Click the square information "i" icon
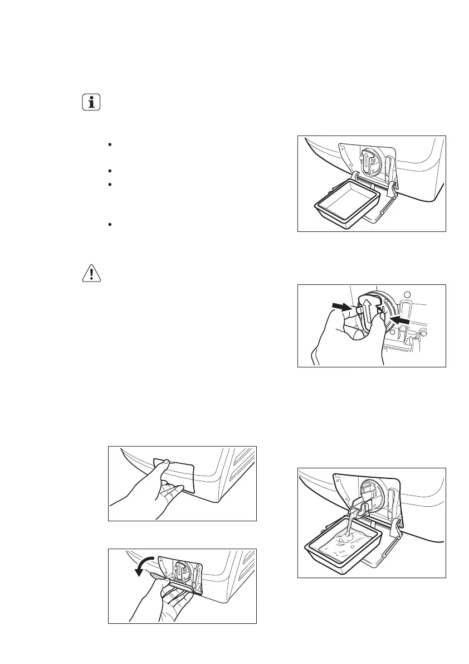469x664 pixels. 90,103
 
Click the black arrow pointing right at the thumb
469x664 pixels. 341,307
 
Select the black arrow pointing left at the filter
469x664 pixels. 400,320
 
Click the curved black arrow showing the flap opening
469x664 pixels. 146,569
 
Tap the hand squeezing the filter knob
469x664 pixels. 345,340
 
